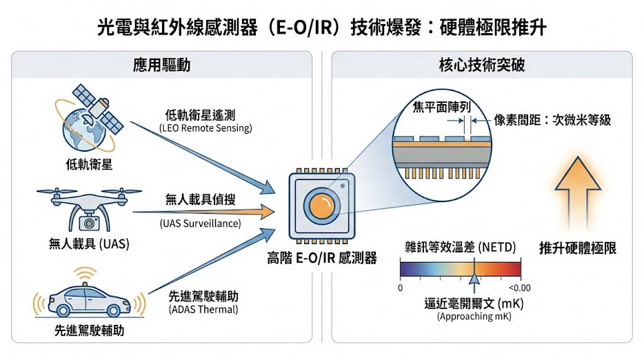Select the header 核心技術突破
tap(482, 66)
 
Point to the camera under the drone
tap(88, 222)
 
